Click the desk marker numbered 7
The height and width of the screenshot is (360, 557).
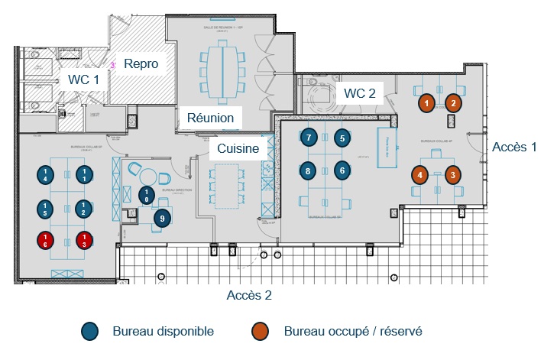[x=308, y=138]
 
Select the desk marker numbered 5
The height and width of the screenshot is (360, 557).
[x=342, y=138]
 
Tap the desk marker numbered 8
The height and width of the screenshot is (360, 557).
[x=308, y=170]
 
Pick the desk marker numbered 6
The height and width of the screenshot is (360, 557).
[x=342, y=170]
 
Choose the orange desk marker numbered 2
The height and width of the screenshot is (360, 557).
[x=453, y=102]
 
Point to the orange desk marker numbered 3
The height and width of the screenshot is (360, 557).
[x=452, y=175]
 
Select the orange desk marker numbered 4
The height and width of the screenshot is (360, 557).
[x=420, y=175]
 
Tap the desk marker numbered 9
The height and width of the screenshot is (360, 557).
[x=161, y=219]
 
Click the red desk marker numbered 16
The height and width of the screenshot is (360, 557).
[x=46, y=242]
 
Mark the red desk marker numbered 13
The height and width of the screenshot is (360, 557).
[x=85, y=242]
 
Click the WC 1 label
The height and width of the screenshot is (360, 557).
[x=83, y=79]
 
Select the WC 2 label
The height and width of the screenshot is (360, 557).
[x=360, y=93]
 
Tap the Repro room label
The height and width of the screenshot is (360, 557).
[x=141, y=64]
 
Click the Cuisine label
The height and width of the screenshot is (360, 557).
[x=238, y=148]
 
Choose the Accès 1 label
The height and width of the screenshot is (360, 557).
[x=514, y=147]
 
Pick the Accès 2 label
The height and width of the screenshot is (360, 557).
[x=249, y=294]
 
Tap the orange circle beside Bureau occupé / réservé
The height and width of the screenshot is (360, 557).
[x=261, y=331]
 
